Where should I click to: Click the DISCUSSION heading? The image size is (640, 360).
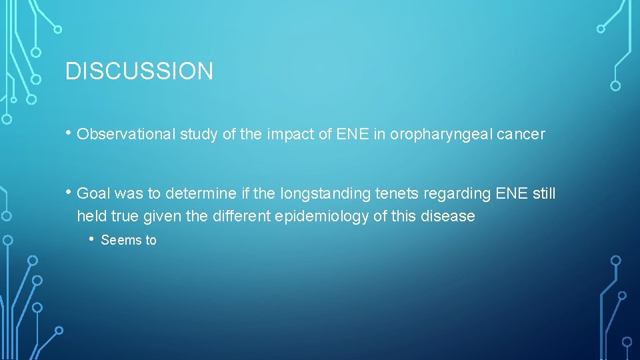139,71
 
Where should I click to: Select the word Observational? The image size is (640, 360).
126,135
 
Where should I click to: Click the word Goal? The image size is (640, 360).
93,194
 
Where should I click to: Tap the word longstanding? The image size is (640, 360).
319,194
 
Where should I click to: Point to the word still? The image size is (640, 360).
544,194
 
